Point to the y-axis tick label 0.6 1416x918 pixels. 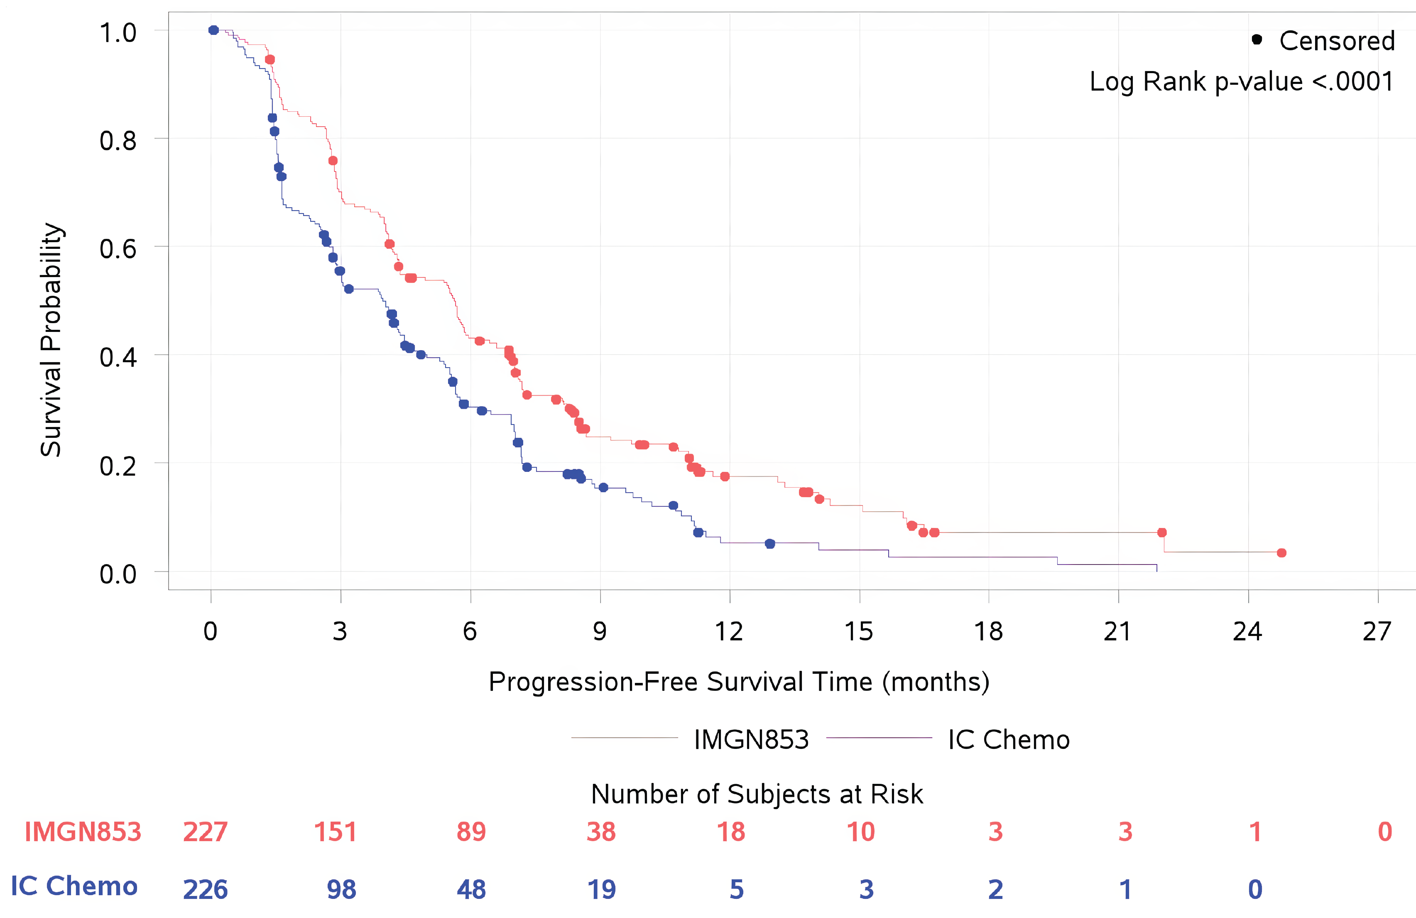(118, 248)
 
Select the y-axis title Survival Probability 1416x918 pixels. (51, 340)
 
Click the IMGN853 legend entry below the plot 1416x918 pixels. (751, 739)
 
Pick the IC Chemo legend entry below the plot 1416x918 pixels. (1009, 739)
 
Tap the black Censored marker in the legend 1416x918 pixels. (1257, 40)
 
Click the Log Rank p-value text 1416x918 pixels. (1241, 81)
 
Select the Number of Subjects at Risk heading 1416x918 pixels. (757, 794)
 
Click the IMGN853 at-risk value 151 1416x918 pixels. (335, 832)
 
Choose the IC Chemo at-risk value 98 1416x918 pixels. (341, 889)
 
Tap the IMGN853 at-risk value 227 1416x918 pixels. (205, 832)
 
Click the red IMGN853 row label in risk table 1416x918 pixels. (83, 832)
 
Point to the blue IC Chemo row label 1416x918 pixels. (74, 886)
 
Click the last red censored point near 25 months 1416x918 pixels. (1281, 553)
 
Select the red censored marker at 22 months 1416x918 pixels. (1162, 532)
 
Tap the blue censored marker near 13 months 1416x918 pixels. (770, 544)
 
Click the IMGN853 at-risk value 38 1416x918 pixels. (601, 832)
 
